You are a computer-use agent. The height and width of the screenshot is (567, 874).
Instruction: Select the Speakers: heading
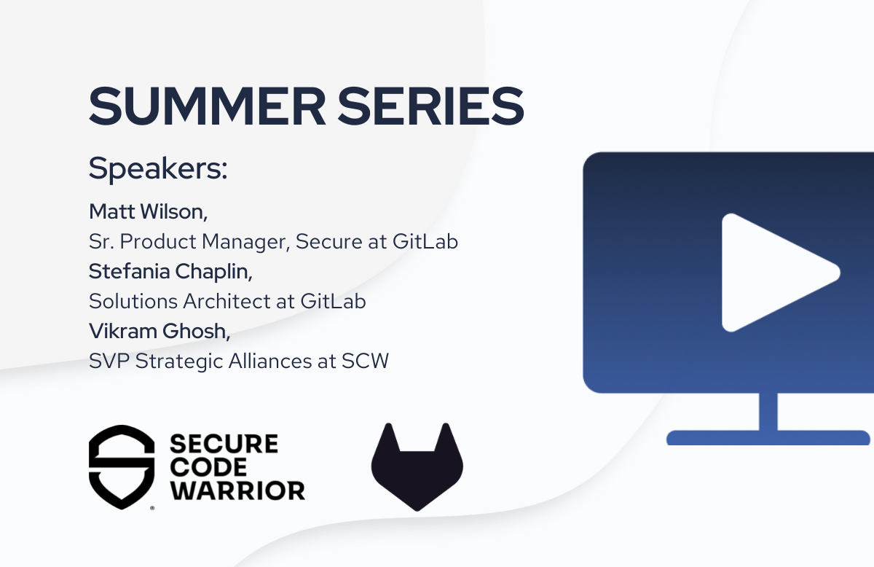[158, 168]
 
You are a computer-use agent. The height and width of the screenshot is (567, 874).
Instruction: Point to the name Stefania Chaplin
[170, 271]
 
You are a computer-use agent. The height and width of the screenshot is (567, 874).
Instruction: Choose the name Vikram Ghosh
[159, 331]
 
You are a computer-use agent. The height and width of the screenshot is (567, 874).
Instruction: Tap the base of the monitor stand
[768, 437]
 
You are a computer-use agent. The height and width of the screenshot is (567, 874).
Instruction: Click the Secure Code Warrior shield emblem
[122, 466]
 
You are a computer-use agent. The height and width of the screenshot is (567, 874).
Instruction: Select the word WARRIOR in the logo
[237, 490]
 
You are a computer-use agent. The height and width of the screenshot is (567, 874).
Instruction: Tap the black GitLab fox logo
[417, 466]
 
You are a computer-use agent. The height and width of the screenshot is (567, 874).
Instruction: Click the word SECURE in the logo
[224, 444]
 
